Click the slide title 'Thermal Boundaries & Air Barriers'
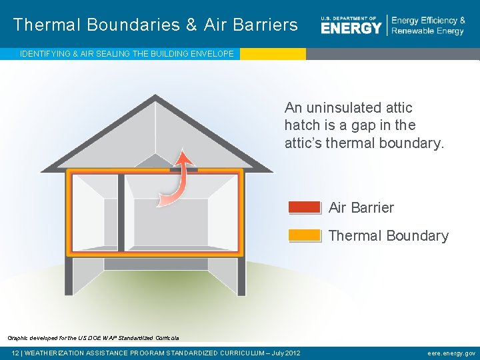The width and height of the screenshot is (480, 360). [x=155, y=25]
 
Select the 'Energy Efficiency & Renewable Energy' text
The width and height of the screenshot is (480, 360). [x=428, y=26]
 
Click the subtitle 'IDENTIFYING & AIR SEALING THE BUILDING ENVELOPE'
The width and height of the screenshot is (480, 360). [x=127, y=54]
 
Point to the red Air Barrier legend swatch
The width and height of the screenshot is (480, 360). [x=305, y=207]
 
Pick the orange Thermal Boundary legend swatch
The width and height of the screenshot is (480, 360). [x=305, y=235]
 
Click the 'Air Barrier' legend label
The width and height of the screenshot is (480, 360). [x=361, y=208]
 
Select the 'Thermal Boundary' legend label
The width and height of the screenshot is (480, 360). [x=389, y=236]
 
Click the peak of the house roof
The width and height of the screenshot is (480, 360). [x=155, y=98]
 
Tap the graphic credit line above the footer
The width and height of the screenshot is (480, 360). [x=93, y=338]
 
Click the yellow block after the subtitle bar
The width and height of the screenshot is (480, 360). [x=273, y=54]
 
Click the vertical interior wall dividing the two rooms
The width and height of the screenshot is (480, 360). [x=121, y=213]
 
